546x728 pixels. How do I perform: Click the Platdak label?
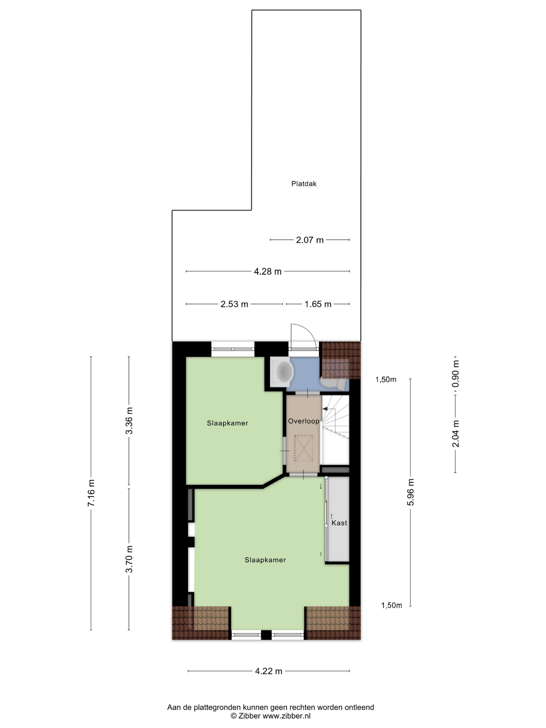tap(303, 184)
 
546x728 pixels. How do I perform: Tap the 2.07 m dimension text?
tap(309, 240)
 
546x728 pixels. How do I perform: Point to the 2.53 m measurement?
tap(234, 304)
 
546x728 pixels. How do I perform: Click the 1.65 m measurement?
tap(318, 304)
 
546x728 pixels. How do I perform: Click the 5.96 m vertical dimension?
tap(410, 492)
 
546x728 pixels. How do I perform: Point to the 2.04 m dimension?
tap(455, 434)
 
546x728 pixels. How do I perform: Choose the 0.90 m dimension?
tap(455, 374)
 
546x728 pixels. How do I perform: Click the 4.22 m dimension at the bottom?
tap(269, 671)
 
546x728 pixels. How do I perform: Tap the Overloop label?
tap(303, 421)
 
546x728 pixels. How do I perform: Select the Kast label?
tap(339, 523)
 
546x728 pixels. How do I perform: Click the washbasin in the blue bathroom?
tap(282, 372)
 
